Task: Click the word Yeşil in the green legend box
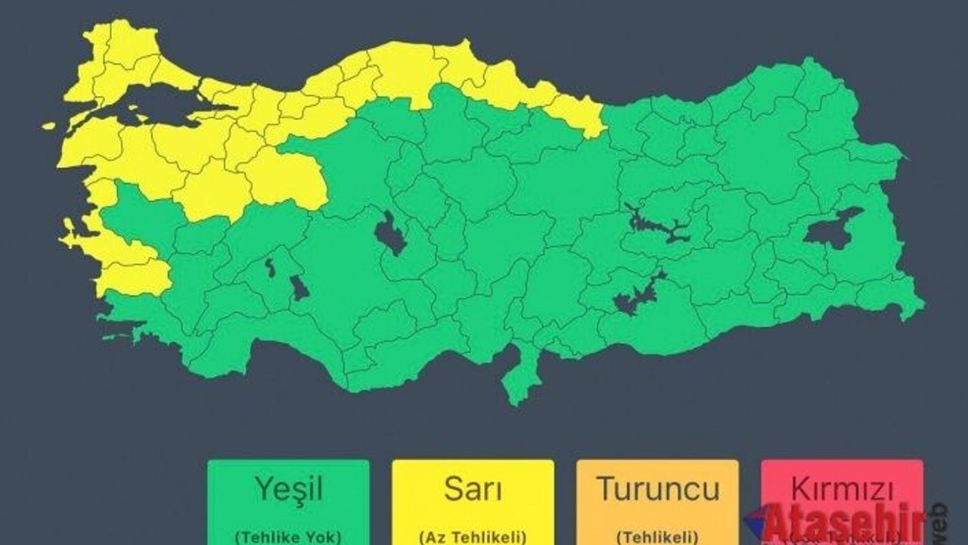coord(288,490)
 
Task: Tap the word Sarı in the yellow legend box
coord(473,490)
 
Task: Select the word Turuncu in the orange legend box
coord(657,489)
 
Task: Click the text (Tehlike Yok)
coord(288,537)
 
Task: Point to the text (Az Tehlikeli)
coord(473,537)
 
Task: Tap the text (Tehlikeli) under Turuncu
coord(656,537)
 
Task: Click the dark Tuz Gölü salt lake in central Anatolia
coord(390,235)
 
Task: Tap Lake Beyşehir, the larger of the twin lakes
coord(299,288)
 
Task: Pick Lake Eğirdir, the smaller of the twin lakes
coord(270,267)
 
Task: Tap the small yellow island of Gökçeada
coord(49,126)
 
